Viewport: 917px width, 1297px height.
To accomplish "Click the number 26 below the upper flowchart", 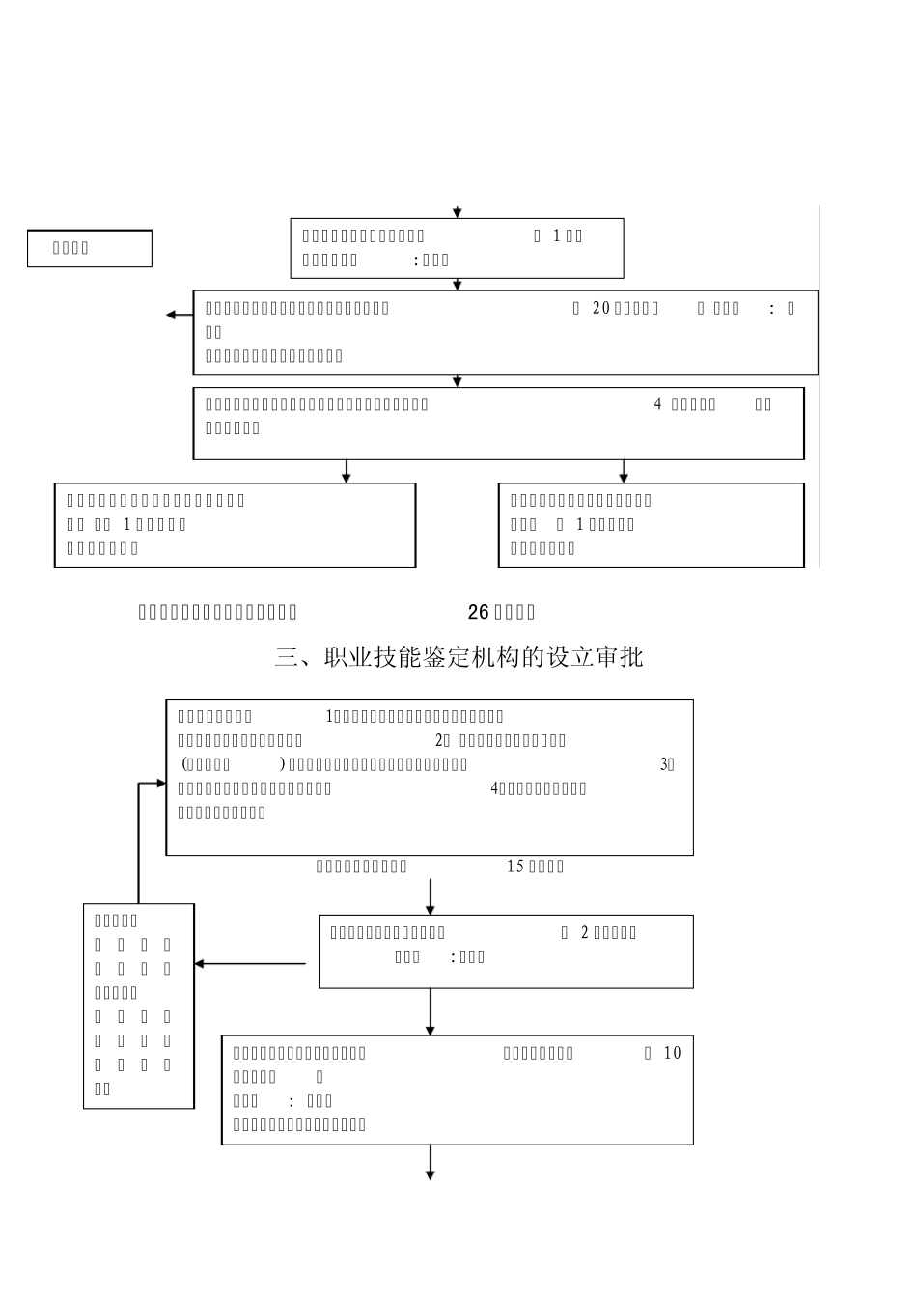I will (479, 612).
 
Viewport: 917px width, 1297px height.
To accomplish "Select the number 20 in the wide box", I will (600, 308).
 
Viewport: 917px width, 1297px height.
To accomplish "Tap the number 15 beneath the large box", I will (515, 867).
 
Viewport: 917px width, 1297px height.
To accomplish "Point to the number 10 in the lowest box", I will (672, 1053).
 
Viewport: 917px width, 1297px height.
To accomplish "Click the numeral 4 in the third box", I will (658, 404).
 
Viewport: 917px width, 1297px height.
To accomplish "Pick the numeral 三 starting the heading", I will (287, 657).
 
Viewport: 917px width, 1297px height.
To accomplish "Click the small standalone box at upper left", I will (89, 248).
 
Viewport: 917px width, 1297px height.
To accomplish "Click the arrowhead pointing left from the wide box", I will (172, 315).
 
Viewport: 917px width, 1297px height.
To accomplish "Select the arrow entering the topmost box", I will (458, 211).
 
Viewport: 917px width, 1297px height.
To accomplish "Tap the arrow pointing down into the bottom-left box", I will (347, 475).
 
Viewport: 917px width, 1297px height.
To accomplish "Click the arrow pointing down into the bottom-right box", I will (624, 475).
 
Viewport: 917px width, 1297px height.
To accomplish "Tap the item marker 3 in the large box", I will (666, 764).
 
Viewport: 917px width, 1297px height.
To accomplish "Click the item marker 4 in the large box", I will (495, 788).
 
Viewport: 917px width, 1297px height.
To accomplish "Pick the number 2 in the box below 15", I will (584, 933).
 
